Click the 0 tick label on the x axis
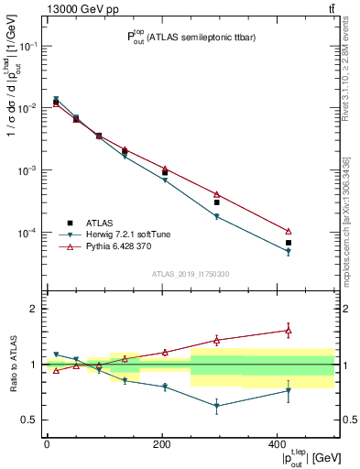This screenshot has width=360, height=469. click(47, 443)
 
